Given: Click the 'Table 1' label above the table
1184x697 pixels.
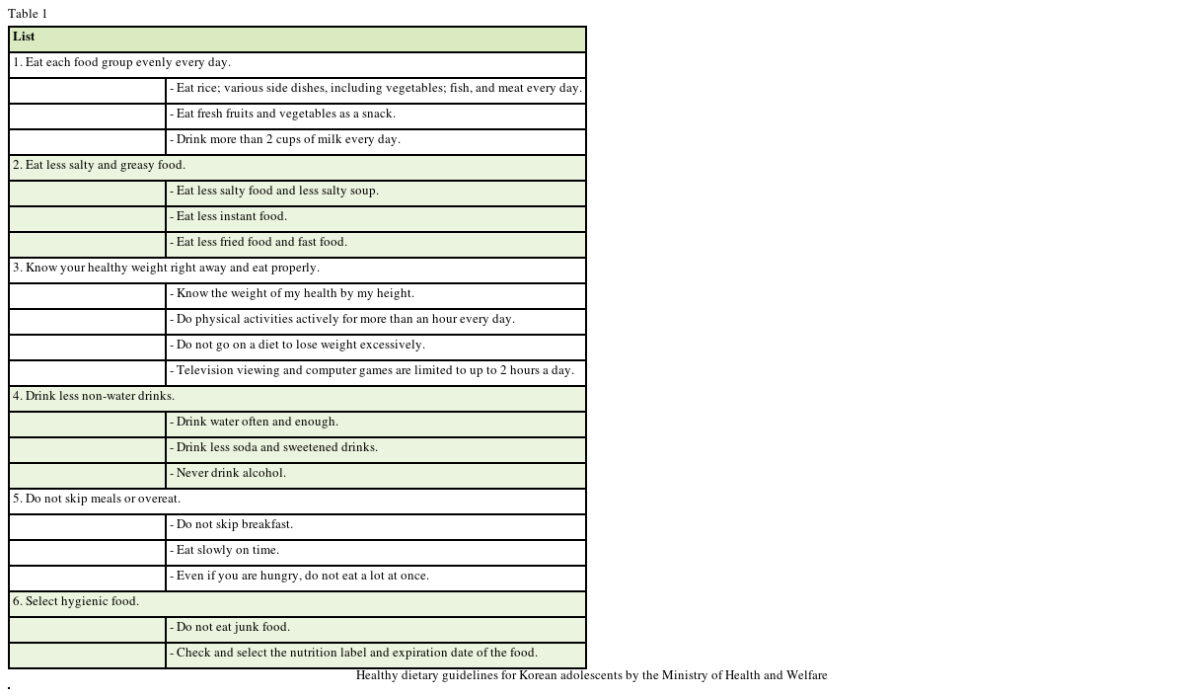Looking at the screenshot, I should tap(28, 14).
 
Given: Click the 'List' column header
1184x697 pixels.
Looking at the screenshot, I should tap(24, 38).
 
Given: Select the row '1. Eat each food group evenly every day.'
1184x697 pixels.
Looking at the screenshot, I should tap(122, 63).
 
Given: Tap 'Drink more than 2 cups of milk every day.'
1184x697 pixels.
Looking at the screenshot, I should tap(285, 140).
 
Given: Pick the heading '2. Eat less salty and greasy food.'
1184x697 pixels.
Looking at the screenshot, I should tap(100, 166).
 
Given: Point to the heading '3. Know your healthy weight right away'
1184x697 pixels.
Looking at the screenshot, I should tap(167, 269).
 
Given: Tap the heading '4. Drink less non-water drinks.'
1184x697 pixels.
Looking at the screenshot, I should tap(95, 397).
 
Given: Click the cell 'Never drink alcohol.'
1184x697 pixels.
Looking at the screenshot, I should tap(229, 474).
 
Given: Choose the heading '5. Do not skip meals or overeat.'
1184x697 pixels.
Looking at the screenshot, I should tap(98, 500).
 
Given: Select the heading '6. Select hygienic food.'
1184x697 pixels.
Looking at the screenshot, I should tap(77, 602).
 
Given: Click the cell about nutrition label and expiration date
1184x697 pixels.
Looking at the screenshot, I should tap(354, 654).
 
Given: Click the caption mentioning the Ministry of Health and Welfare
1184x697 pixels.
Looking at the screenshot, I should tap(591, 676).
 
